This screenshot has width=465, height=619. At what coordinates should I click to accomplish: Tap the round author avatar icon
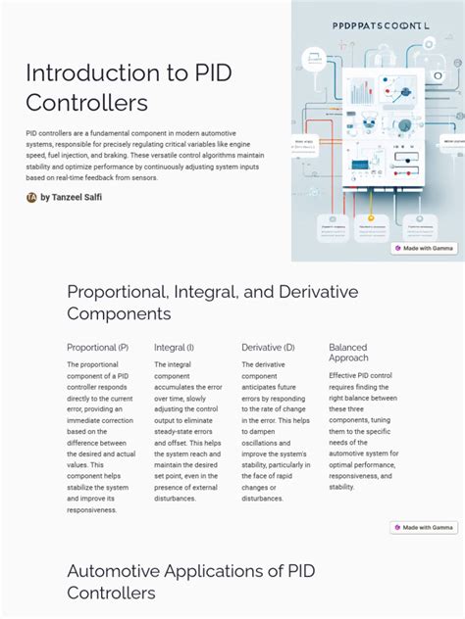pos(31,197)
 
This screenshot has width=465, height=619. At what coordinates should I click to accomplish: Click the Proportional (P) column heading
pos(97,347)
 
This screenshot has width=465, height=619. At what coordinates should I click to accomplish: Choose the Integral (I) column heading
pos(174,347)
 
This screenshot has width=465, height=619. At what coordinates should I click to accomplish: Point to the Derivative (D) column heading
pos(268,347)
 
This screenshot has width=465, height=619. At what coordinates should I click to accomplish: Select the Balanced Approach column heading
pos(348,353)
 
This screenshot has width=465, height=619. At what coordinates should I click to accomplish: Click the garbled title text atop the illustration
pos(375,28)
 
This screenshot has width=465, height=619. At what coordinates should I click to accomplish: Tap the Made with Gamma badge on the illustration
pos(424,248)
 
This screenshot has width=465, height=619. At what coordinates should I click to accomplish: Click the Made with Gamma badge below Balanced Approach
pos(424,527)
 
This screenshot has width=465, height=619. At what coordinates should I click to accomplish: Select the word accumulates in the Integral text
pos(176,387)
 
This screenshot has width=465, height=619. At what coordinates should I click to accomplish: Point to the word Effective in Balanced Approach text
pos(345,375)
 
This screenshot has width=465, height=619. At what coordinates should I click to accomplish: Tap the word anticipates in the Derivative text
pos(263,387)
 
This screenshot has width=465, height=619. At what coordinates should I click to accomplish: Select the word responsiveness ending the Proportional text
pos(91,509)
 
